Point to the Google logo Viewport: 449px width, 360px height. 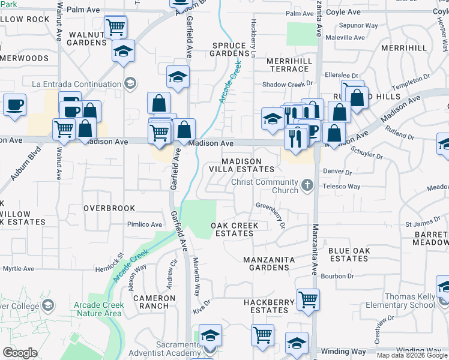point(20,353)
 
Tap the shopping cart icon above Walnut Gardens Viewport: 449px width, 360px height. point(115,27)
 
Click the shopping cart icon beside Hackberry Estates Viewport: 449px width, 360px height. point(308,299)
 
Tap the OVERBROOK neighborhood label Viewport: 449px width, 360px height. point(109,208)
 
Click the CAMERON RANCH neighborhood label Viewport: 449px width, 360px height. point(154,302)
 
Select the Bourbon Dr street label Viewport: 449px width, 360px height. point(337,276)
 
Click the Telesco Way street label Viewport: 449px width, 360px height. point(341,187)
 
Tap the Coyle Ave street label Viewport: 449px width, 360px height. point(344,12)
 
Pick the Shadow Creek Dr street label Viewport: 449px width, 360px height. point(284,85)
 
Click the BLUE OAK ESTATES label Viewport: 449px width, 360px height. point(349,254)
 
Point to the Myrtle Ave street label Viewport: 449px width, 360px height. point(19,269)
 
